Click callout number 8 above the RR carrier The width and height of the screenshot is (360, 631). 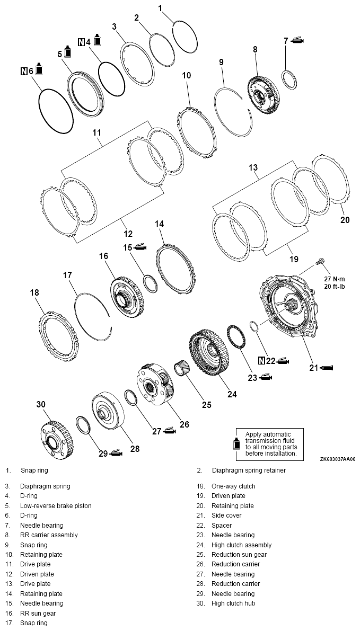coord(255,49)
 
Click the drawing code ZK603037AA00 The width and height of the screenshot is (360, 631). coord(337,459)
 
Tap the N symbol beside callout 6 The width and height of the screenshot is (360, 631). coord(24,70)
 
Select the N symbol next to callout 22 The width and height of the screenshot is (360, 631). coord(261,361)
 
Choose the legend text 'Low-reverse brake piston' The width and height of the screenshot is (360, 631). coord(56,506)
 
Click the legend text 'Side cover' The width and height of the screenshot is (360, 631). coord(226,516)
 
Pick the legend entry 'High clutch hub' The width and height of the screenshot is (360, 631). coord(233,603)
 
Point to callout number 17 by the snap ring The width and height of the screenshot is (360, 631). coord(67,275)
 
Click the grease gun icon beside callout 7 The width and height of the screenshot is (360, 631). coord(297,41)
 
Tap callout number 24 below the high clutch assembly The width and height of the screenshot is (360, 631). coord(232,394)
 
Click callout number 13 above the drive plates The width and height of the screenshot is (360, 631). coord(253,168)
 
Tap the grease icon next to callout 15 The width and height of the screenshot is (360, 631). coord(141,247)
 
